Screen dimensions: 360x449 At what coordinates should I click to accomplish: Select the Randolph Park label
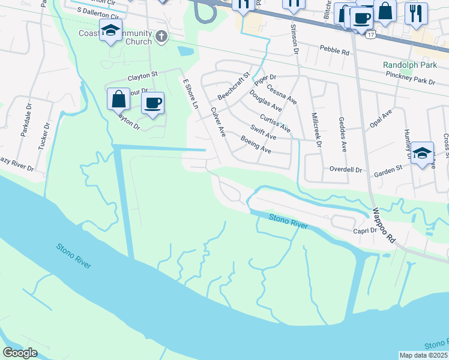coord(409,65)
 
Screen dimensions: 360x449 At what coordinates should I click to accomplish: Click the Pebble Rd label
coord(334,51)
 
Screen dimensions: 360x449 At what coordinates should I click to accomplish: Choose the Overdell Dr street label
coord(346,170)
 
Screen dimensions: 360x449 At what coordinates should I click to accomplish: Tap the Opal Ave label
coord(381,118)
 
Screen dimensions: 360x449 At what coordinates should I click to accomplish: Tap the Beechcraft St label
coord(233,86)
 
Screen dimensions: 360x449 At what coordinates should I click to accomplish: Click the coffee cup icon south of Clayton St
coord(152,103)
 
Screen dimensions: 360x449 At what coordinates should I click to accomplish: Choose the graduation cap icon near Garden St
coord(423,153)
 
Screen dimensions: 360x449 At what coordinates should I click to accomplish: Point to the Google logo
coord(20,353)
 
